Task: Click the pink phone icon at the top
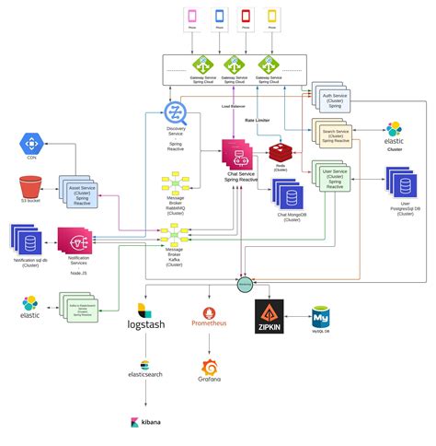[x=191, y=16]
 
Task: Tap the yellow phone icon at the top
[x=272, y=16]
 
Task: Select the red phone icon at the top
[x=246, y=16]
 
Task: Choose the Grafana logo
[x=208, y=371]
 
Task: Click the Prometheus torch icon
[x=208, y=314]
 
